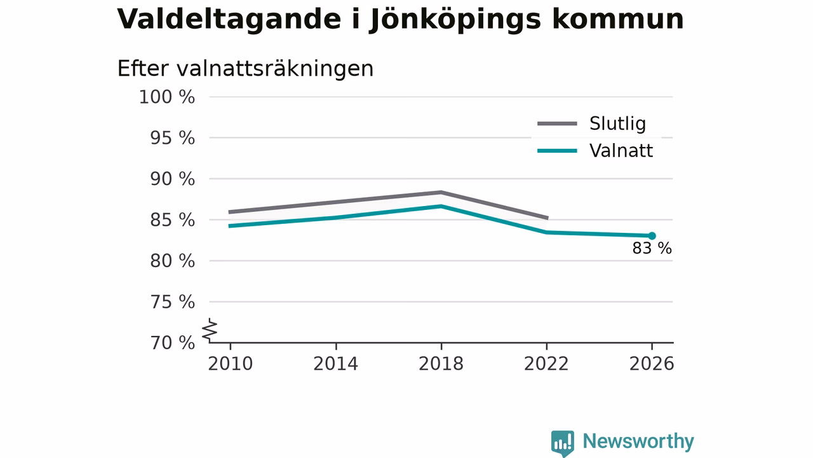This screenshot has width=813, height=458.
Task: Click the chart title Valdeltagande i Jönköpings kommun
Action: coord(400,20)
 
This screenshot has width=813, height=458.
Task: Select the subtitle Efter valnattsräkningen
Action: coord(245,68)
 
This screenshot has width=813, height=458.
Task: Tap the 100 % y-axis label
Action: coord(167,97)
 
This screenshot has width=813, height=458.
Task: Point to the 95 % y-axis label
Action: coord(172,138)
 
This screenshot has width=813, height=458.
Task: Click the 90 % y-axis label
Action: coord(172,179)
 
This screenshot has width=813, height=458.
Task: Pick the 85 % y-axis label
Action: coord(172,220)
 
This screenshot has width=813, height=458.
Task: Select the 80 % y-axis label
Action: coord(172,261)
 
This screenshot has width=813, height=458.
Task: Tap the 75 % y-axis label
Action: coord(172,302)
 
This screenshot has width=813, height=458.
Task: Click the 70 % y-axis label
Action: coord(172,343)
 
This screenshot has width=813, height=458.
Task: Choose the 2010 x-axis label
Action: coord(230,364)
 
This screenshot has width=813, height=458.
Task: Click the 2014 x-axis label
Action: coord(336,364)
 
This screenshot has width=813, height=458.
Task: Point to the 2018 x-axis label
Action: coord(441,364)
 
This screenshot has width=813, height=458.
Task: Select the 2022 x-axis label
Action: coord(546,364)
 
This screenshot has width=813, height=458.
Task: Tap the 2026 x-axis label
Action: coord(652,364)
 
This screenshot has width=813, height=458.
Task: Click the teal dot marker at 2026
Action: coord(652,236)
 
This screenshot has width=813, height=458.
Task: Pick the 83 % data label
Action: coord(652,249)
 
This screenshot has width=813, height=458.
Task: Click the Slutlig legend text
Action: coord(618,124)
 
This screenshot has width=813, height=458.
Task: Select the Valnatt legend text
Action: coord(621,151)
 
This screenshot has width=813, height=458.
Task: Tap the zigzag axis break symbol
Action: coord(210,330)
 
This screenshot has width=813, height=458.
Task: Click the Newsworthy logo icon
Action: coord(563,443)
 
